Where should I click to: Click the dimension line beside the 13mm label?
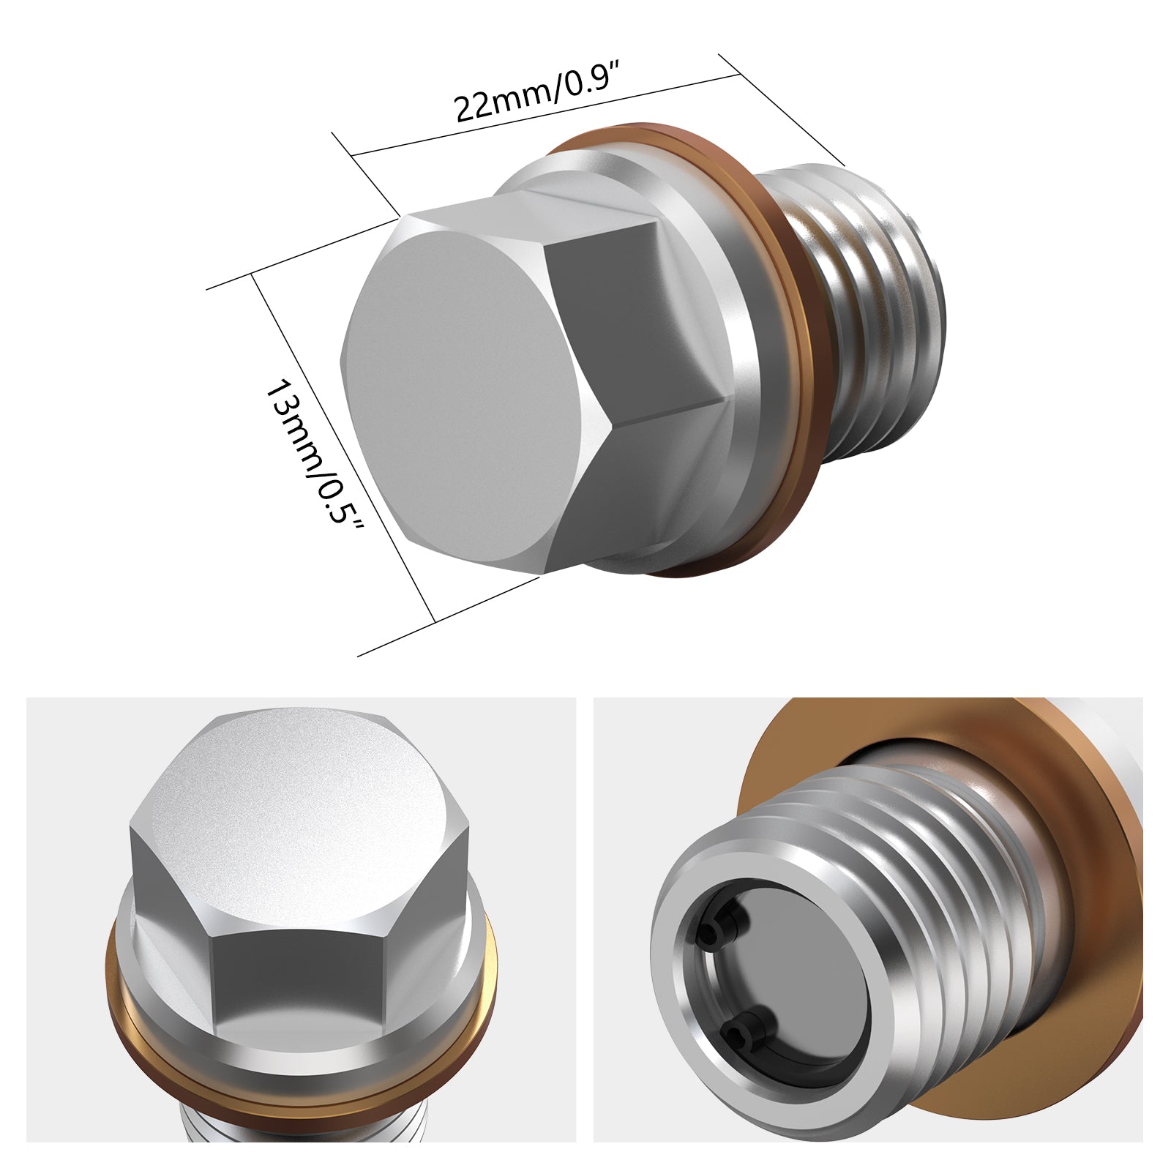coord(344,446)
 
